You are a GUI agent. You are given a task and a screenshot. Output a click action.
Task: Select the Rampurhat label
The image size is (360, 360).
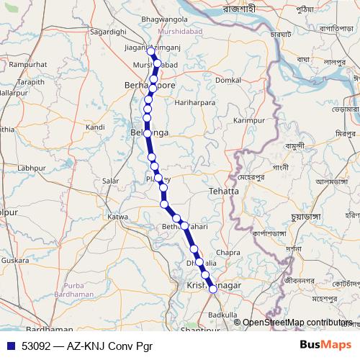coord(29,66)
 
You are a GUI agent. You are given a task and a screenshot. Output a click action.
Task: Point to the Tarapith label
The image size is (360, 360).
coord(30,83)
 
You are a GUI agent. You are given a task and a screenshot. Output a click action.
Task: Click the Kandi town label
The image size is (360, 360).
coord(95,127)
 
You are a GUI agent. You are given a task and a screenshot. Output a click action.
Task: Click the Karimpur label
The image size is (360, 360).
coord(249,120)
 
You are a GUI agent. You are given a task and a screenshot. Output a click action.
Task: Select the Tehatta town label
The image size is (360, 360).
coord(223,192)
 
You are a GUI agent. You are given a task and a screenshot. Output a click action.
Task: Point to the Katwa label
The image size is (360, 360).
coord(117,217)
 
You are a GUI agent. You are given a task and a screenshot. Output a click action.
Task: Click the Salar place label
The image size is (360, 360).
coord(111,181)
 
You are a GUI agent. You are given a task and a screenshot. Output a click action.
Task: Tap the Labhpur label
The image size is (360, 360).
coord(31,168)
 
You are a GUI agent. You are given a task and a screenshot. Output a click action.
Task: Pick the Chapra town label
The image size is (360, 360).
coord(228,253)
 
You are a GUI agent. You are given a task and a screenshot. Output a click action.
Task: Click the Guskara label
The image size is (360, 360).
coord(15,260)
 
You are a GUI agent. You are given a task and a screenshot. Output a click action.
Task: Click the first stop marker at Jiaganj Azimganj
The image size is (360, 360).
coord(150,51)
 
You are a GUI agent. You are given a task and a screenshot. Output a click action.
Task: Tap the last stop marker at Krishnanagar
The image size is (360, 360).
coord(212,289)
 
